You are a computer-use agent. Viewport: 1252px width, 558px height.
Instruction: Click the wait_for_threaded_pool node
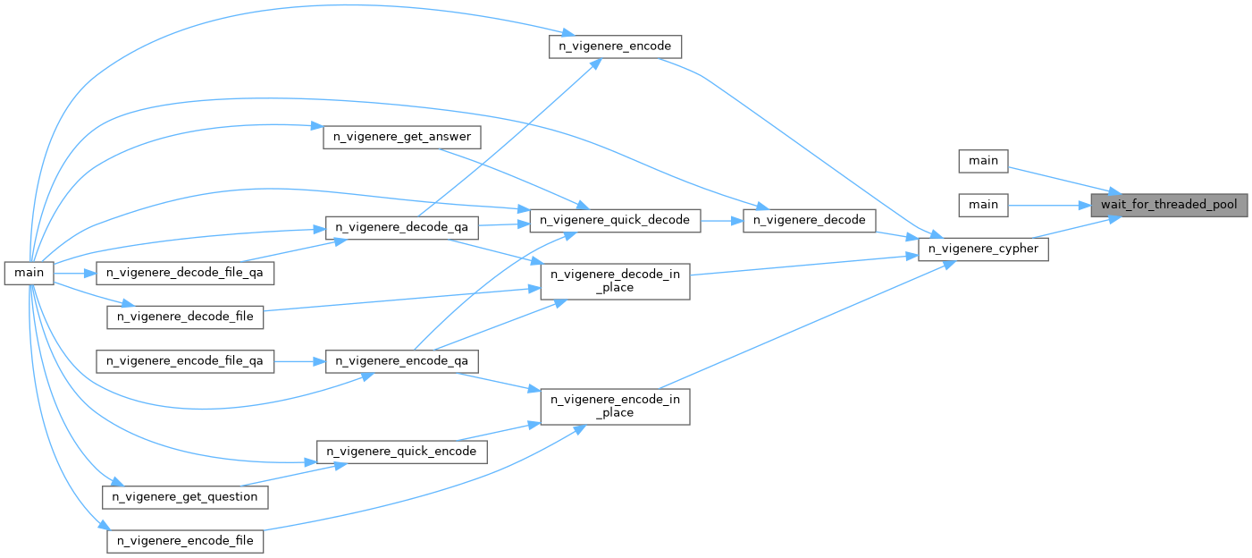pos(1169,205)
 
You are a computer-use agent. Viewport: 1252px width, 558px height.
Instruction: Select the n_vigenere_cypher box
pos(983,249)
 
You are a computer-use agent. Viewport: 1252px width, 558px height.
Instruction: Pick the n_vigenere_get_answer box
pos(401,137)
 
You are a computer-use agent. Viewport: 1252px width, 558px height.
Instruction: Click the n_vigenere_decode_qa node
pos(401,227)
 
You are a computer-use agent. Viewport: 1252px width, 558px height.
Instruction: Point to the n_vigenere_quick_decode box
pos(615,220)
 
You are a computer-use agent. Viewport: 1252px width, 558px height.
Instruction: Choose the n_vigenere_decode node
pos(810,220)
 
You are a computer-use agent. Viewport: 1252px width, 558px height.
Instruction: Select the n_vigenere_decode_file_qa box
pos(184,272)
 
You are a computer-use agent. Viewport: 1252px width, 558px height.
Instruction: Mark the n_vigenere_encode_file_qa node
pos(184,361)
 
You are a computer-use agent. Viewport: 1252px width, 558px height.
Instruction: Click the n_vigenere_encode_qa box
pos(401,361)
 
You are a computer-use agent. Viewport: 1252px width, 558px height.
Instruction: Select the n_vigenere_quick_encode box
pos(401,452)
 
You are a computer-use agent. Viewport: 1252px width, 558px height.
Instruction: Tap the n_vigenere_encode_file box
pos(185,541)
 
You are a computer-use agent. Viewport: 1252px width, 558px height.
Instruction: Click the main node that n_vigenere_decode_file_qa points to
pos(29,272)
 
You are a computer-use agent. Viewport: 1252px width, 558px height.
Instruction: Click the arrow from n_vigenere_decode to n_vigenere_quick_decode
pos(721,220)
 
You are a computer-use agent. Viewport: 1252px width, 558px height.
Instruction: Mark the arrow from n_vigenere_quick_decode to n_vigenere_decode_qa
pos(504,224)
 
